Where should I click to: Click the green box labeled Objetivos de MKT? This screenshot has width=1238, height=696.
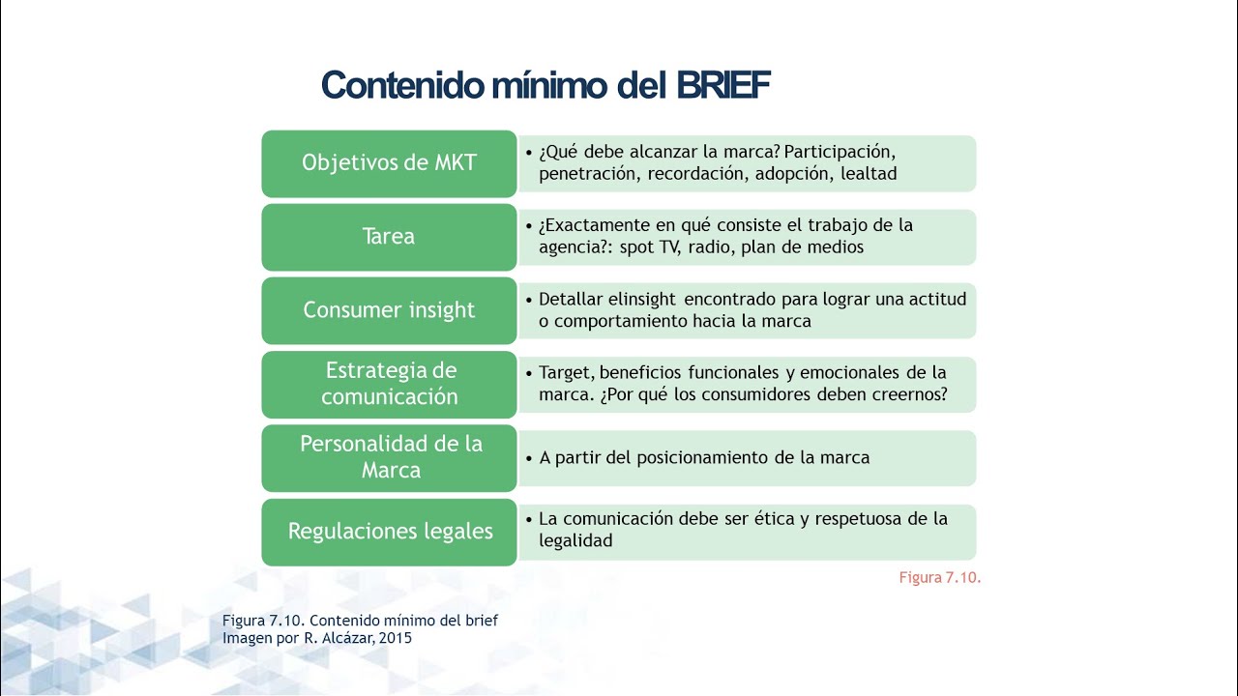pos(389,163)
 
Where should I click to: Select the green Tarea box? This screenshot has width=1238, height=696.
pos(389,237)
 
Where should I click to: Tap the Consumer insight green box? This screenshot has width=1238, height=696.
pos(389,310)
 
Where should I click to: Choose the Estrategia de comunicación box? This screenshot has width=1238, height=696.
pos(389,384)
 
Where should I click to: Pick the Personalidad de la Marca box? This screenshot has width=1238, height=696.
pos(389,457)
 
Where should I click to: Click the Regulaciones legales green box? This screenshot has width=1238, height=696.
pos(389,531)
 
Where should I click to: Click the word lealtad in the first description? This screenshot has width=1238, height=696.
pos(869,174)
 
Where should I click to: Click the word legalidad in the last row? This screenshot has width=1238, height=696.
pos(575,541)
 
